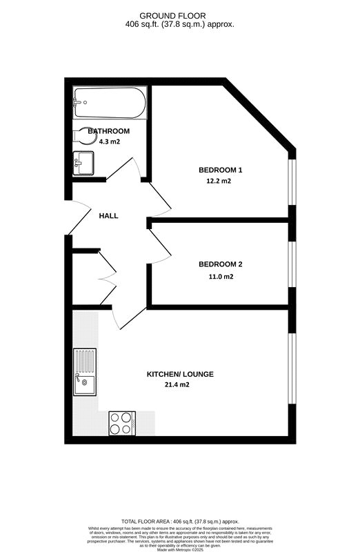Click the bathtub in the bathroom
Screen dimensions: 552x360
[110, 104]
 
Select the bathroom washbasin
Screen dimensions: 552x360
[82, 164]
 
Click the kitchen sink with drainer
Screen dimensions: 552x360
[84, 373]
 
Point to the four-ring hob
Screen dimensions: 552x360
[122, 422]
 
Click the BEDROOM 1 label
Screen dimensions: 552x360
[221, 170]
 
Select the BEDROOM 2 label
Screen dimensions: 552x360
[221, 264]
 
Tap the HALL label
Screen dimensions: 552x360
[108, 216]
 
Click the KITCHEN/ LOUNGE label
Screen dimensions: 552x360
[180, 374]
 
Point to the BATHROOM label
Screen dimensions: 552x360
[108, 131]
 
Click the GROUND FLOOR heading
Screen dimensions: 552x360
[179, 14]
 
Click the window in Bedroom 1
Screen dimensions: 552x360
[292, 182]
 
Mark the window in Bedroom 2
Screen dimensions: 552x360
[292, 263]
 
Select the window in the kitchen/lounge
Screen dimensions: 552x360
[292, 369]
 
